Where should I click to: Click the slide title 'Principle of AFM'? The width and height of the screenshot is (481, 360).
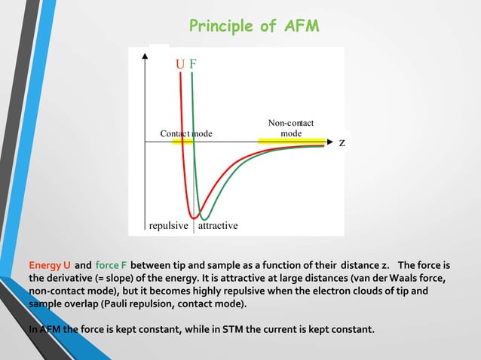coord(254,26)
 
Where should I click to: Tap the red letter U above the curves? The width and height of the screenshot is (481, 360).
coord(179,63)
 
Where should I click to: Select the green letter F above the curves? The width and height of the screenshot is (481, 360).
coord(193,63)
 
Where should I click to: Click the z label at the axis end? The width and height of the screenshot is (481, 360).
coord(342,142)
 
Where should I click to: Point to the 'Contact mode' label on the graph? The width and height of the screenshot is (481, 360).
coord(186,133)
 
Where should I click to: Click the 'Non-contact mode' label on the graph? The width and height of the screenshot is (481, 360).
coord(291,128)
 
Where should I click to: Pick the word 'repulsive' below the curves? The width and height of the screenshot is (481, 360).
coord(169,225)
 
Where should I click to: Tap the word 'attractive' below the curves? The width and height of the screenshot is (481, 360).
coord(218,225)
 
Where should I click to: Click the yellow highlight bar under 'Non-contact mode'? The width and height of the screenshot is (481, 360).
coord(291,141)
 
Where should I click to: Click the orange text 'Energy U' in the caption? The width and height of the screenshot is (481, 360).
coord(50,265)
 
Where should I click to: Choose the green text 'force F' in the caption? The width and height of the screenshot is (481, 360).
coord(111,265)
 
